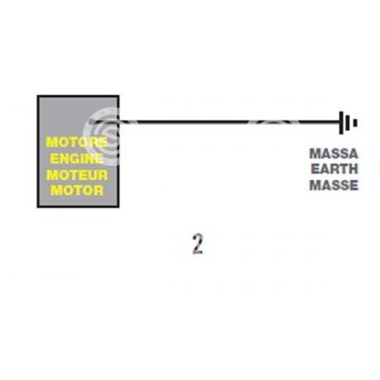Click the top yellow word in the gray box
pos(77,142)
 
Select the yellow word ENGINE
pos(77,159)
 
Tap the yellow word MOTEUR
pos(77,175)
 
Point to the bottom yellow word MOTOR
pos(77,191)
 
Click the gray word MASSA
pos(334,154)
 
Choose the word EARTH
pos(335,169)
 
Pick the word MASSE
pos(334,185)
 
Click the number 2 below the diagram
pos(197,244)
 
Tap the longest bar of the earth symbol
pos(341,123)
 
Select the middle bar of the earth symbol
pos(348,123)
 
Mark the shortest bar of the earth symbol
pos(355,123)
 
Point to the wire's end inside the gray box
pos(93,121)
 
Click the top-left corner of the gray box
pos(38,96)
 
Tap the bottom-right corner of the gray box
pos(119,207)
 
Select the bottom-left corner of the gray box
pos(38,207)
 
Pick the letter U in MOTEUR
pos(93,175)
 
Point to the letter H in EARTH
pos(353,169)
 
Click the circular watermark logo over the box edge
pos(102,136)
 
